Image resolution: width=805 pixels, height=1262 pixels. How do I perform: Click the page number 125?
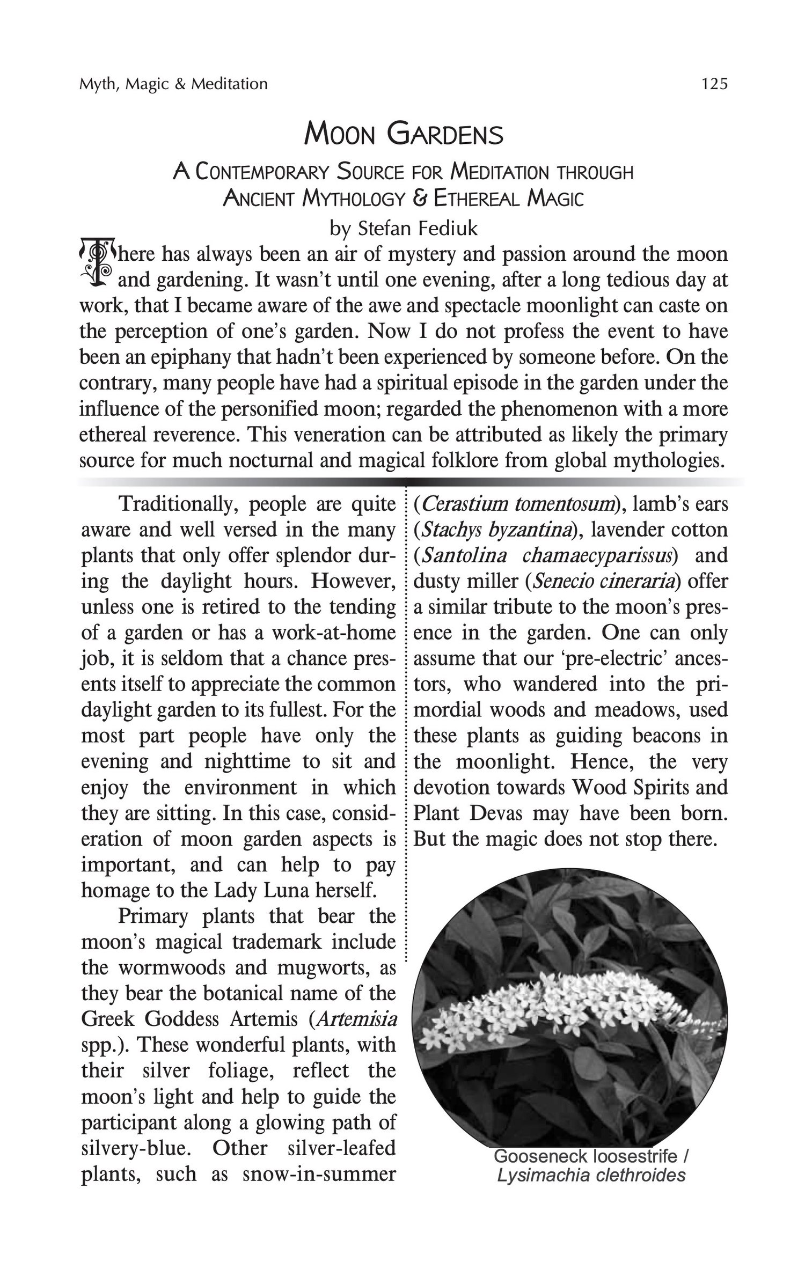point(714,84)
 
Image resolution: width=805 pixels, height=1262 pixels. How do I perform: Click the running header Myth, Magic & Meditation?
point(173,84)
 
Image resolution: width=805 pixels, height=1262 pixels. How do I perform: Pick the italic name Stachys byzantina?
point(497,530)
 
